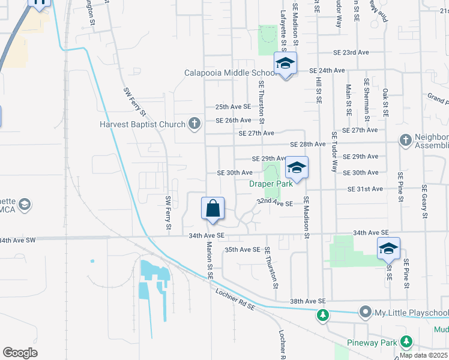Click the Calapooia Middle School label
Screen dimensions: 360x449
[231, 73]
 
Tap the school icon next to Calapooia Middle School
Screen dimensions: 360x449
[286, 62]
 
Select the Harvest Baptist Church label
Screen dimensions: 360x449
[142, 124]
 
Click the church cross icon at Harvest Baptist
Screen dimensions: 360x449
[194, 124]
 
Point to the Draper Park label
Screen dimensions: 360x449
[271, 184]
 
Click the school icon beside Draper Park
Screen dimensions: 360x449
[297, 167]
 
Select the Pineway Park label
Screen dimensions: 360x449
[372, 343]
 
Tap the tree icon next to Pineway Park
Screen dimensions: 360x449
[406, 342]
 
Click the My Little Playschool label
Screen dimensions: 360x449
[412, 313]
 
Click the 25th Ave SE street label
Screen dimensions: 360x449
[234, 106]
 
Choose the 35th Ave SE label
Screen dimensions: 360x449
[242, 249]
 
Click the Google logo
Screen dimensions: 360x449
[20, 353]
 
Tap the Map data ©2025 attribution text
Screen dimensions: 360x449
[423, 355]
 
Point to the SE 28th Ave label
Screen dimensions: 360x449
[308, 145]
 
